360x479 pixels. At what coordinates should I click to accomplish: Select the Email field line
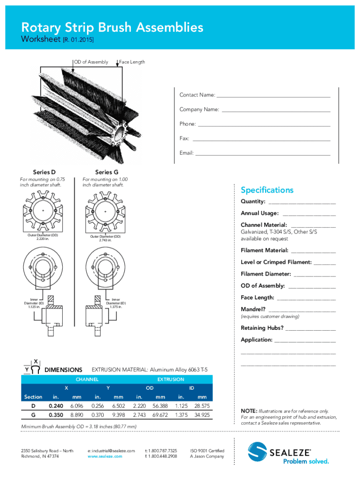(x=263, y=154)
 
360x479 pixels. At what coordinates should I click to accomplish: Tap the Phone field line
(x=264, y=125)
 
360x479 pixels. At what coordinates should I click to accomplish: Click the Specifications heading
(x=267, y=190)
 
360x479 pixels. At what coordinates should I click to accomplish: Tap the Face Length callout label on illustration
(x=132, y=62)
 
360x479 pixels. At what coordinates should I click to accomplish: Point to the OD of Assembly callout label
(x=91, y=62)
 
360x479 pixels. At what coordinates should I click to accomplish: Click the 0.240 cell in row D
(x=56, y=406)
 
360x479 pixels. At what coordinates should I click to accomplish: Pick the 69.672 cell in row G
(x=159, y=415)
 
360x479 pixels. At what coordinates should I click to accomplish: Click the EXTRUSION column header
(x=171, y=379)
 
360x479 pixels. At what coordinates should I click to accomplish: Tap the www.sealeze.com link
(x=105, y=456)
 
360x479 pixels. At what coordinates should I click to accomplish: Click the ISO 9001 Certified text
(x=207, y=450)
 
